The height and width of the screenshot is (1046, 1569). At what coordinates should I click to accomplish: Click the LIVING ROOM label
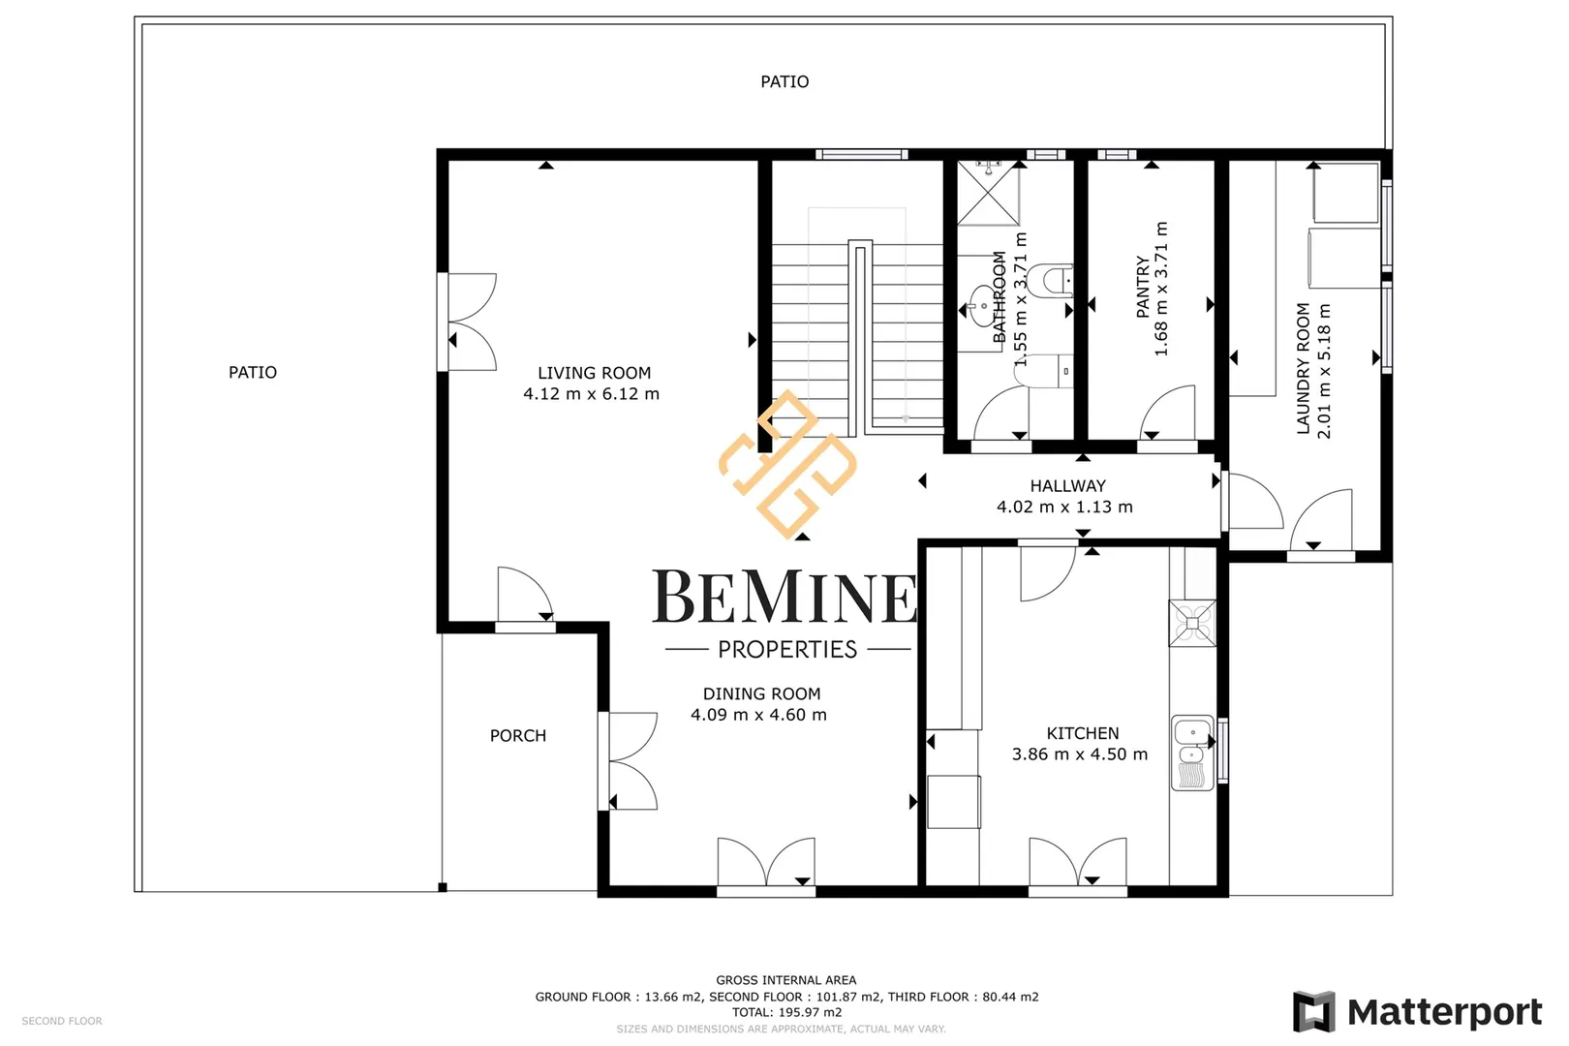[594, 373]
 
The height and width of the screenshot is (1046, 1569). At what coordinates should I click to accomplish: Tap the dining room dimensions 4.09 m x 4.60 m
[758, 715]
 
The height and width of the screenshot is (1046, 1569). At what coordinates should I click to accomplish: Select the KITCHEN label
[1082, 733]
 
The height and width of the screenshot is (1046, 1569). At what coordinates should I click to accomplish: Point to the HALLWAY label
[1067, 485]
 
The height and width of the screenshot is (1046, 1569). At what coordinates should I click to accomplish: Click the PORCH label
[517, 736]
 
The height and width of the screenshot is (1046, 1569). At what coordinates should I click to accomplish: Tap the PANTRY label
[1143, 288]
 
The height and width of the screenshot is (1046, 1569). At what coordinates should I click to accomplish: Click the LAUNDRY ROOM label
[1303, 368]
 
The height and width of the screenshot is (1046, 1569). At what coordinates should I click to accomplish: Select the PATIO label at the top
[784, 82]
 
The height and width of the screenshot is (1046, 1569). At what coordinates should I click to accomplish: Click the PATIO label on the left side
[252, 373]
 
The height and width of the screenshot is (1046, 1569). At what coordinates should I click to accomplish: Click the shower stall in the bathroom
[988, 193]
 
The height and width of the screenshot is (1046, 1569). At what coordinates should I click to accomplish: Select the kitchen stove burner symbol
[1192, 623]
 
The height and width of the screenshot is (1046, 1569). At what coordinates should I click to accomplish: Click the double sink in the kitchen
[1192, 753]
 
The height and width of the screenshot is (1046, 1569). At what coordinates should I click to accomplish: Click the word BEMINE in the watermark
[784, 597]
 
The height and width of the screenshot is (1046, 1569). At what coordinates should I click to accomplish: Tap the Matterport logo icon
[1314, 1012]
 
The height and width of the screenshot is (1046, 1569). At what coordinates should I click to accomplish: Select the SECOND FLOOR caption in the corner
[62, 1021]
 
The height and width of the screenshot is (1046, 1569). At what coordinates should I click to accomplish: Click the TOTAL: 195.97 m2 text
[786, 1012]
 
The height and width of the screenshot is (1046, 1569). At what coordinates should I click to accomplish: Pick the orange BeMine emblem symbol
[788, 465]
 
